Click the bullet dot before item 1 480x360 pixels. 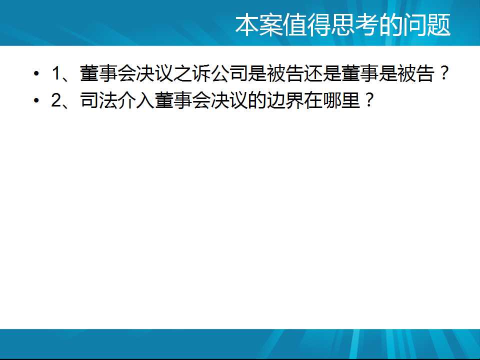coord(36,73)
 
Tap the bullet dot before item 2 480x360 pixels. coord(36,100)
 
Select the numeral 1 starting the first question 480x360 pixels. coord(56,73)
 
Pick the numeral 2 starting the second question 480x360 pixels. coord(56,100)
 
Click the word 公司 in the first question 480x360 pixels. coord(229,73)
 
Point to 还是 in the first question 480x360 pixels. coord(322,73)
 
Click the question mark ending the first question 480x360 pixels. coord(443,73)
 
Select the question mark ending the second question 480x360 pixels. coord(368,100)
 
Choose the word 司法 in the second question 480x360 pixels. coord(98,100)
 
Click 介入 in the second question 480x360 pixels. coord(136,100)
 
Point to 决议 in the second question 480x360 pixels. coord(229,100)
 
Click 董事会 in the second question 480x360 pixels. coord(183,100)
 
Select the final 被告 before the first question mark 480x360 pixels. coord(416,73)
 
